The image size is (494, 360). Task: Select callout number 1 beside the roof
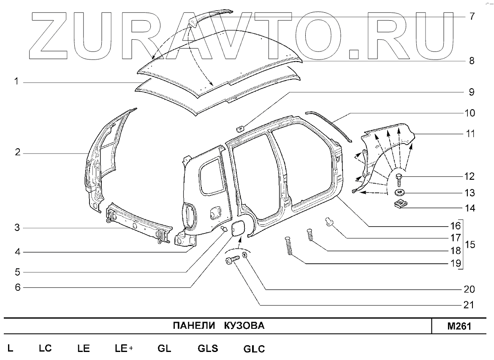coord(16,81)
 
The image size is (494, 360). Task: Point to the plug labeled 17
coord(328,220)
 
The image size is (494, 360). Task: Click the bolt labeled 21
coord(233,262)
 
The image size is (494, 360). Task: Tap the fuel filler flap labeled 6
coord(239,228)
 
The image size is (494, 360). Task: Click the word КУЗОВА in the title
coord(244,326)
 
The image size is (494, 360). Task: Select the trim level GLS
coord(208,349)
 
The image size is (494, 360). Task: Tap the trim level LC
coord(45,349)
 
